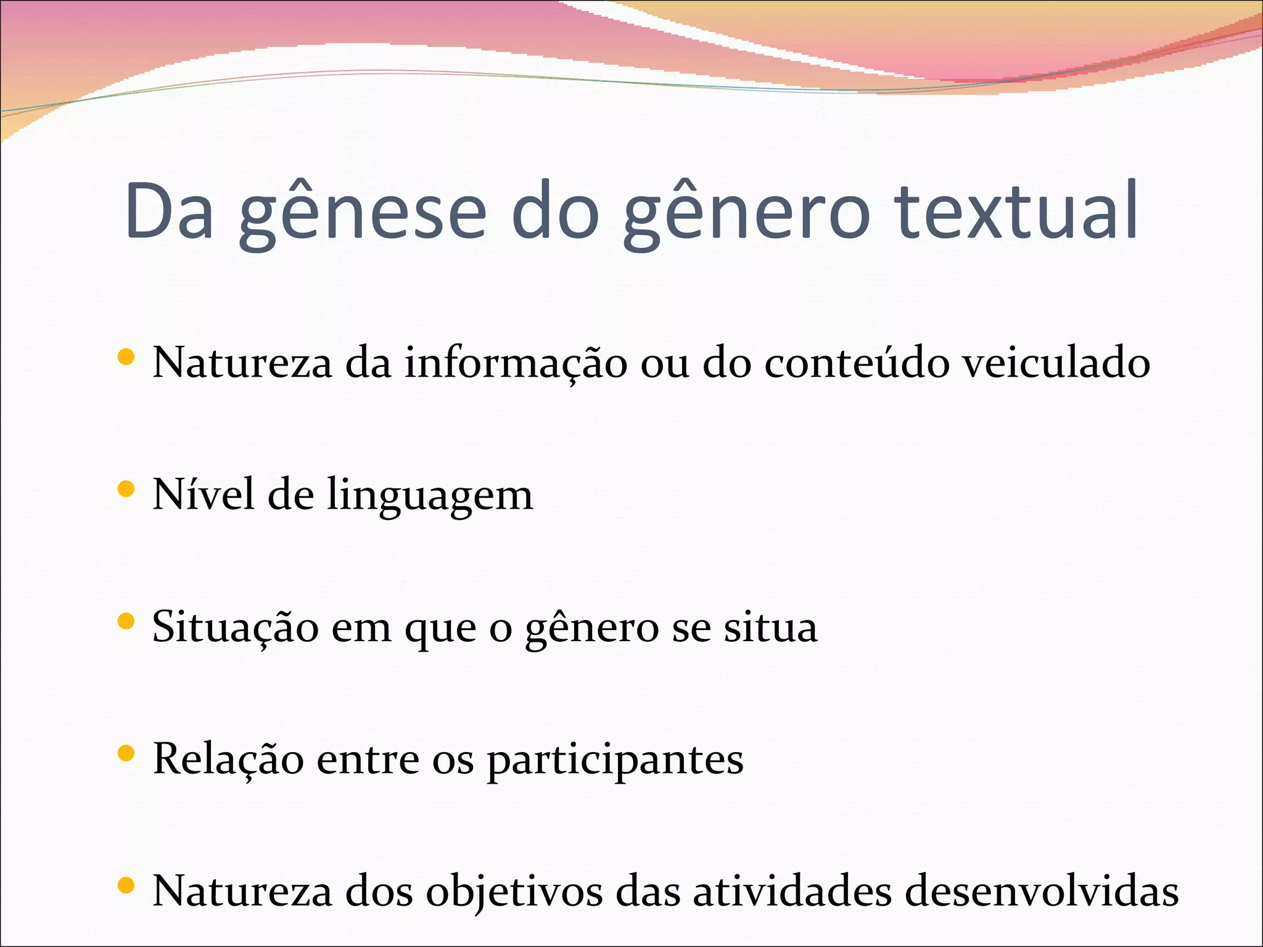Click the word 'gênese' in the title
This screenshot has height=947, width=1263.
click(363, 213)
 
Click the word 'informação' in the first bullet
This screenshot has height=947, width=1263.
click(516, 364)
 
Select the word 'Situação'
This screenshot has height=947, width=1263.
click(236, 628)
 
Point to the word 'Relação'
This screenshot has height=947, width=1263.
click(228, 760)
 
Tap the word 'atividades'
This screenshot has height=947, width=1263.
click(792, 892)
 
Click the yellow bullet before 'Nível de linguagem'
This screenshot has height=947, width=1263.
click(126, 490)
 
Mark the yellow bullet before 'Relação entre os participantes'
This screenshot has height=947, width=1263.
click(126, 753)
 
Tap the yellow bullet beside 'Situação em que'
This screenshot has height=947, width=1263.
click(126, 621)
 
